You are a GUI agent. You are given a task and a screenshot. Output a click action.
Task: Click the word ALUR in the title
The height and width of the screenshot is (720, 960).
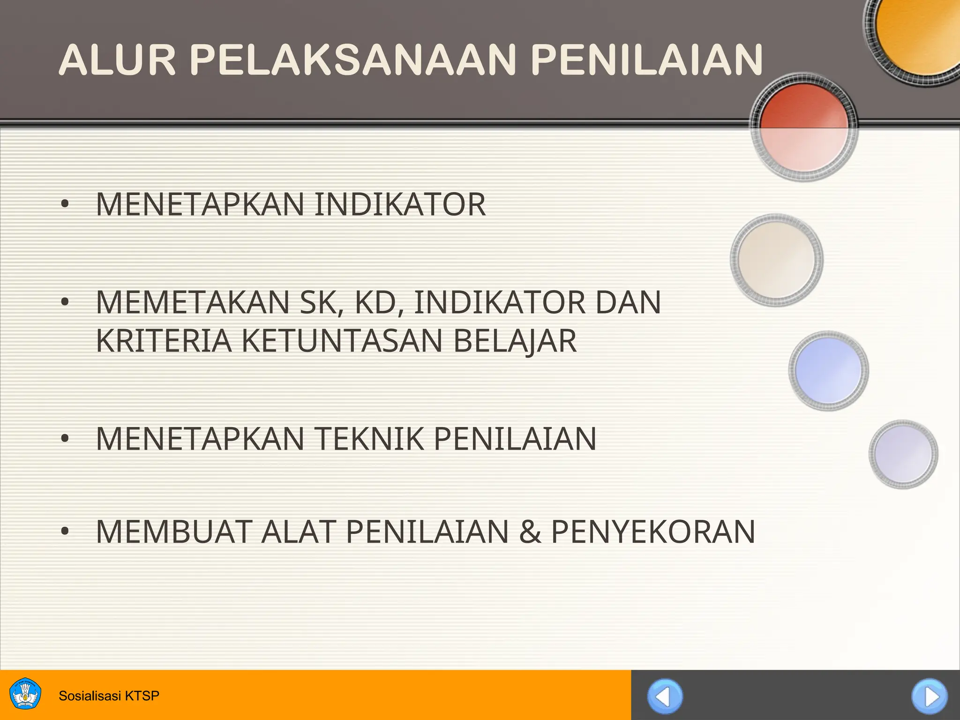(117, 60)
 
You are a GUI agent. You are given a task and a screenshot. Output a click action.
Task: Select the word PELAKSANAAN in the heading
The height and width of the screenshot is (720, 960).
(353, 60)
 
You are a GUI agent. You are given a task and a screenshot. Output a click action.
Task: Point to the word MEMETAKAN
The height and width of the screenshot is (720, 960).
(193, 302)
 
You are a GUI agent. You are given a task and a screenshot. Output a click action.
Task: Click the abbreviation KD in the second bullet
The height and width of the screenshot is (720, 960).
(379, 302)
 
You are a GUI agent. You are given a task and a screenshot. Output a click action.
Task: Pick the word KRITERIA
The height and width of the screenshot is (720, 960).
(164, 341)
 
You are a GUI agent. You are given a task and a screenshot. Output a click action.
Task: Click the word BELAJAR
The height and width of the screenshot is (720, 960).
(515, 341)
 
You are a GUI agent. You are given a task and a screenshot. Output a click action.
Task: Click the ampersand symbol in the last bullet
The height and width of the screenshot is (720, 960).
(530, 532)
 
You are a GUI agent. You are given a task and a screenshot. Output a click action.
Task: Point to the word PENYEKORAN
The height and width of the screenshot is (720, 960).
(653, 532)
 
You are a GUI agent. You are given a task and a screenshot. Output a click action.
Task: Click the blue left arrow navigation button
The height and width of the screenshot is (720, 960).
(665, 697)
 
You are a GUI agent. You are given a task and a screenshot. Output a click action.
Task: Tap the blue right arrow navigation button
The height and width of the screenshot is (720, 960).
(930, 697)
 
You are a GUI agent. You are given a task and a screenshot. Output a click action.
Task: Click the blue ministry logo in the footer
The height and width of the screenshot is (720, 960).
(25, 694)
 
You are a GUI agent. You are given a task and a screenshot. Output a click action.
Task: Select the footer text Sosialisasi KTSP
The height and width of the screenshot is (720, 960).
(109, 696)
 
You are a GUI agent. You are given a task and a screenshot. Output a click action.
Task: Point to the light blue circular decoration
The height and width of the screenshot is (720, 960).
(828, 370)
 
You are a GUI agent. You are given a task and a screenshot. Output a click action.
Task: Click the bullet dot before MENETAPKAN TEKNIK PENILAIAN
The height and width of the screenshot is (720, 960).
(65, 439)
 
